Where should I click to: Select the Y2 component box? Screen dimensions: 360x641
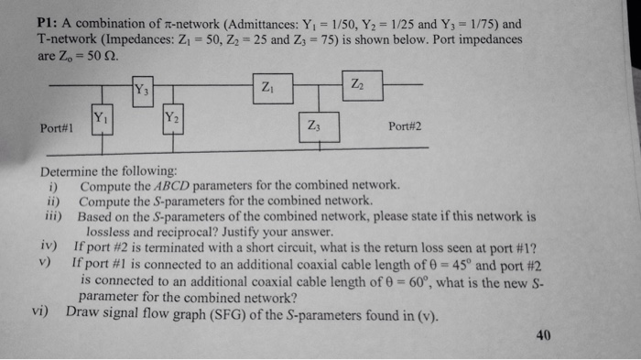pos(169,119)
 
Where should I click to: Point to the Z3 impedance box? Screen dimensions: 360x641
pos(317,128)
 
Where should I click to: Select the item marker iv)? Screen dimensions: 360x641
pos(49,247)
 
